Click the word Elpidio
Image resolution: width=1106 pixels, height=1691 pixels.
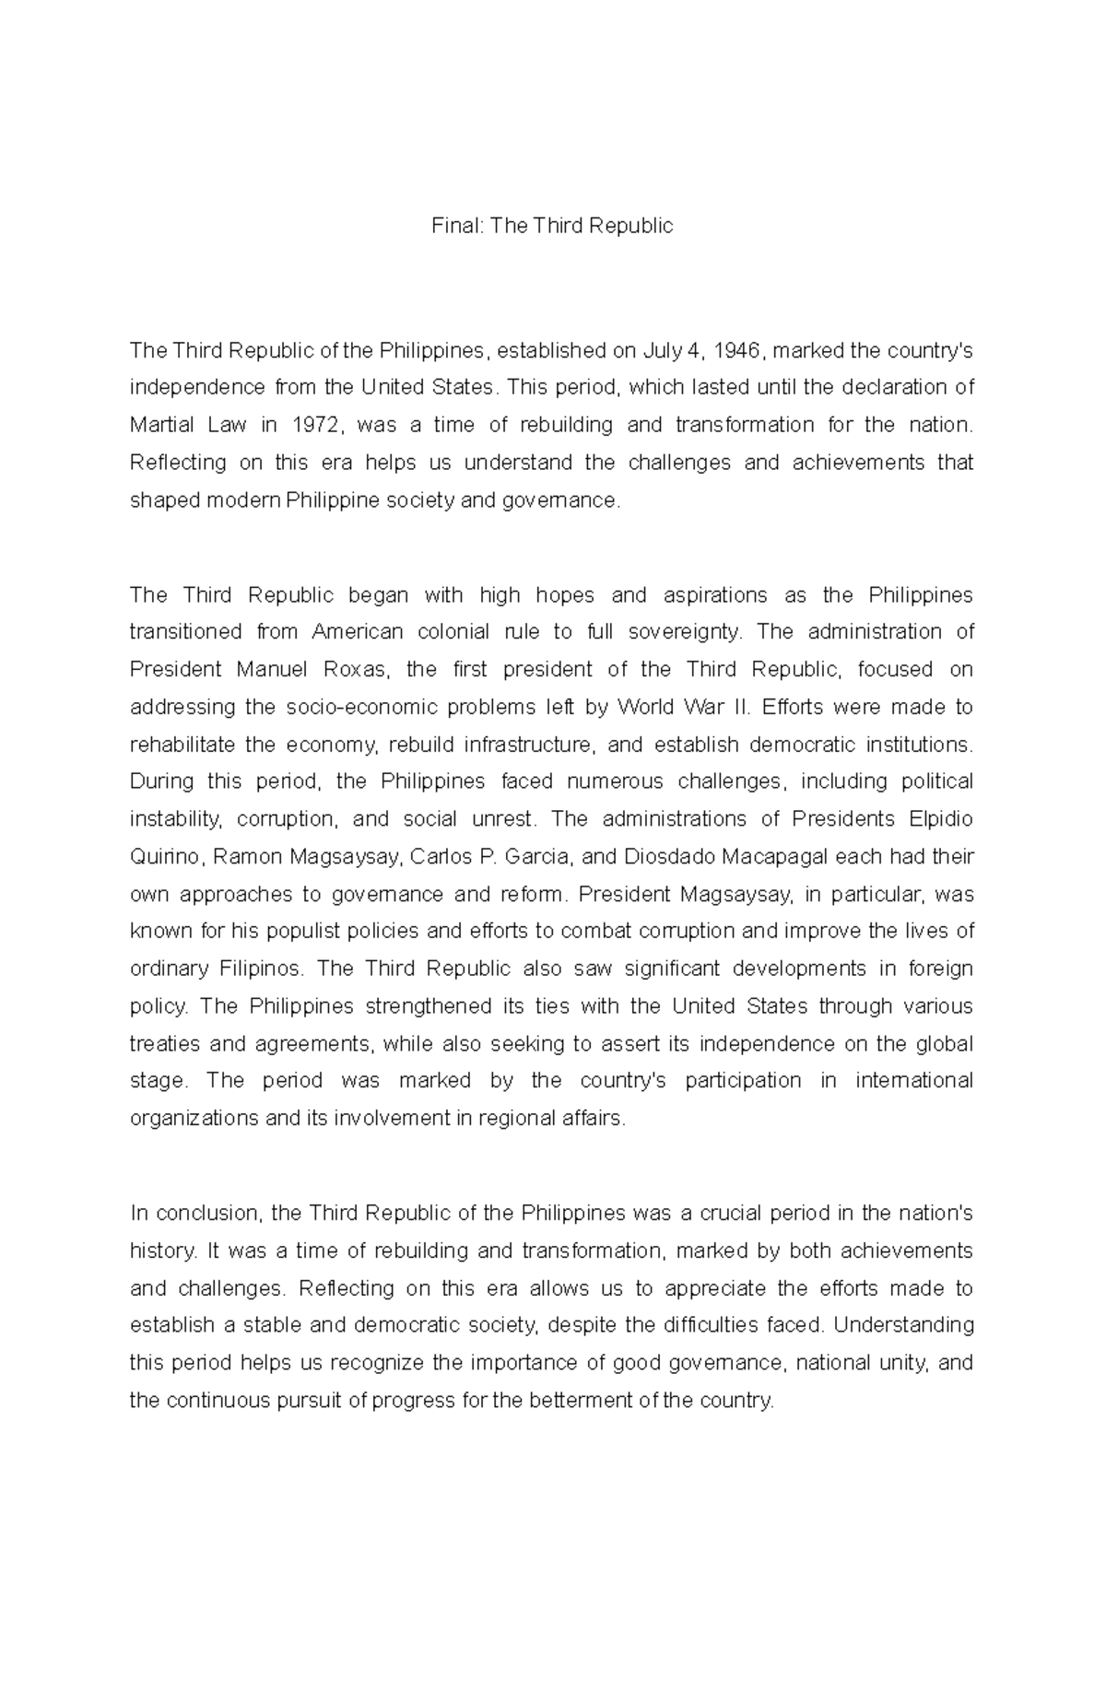click(x=941, y=818)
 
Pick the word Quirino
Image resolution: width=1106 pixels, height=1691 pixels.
click(x=164, y=857)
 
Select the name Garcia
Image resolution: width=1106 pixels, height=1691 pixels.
click(x=539, y=857)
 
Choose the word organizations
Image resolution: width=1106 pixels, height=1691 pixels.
click(x=194, y=1119)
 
